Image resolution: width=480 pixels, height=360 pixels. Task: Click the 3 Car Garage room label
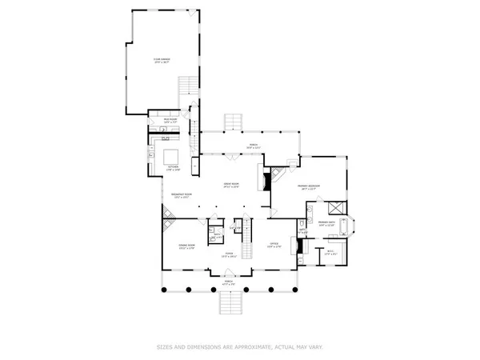click(162, 60)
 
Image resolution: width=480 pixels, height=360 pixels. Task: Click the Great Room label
click(231, 186)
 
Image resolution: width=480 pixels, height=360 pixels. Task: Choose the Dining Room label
click(186, 248)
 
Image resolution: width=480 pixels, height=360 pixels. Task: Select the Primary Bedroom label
click(310, 186)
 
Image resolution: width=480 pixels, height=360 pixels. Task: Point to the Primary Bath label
click(327, 224)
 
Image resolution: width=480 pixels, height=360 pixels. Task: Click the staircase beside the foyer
click(246, 232)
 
